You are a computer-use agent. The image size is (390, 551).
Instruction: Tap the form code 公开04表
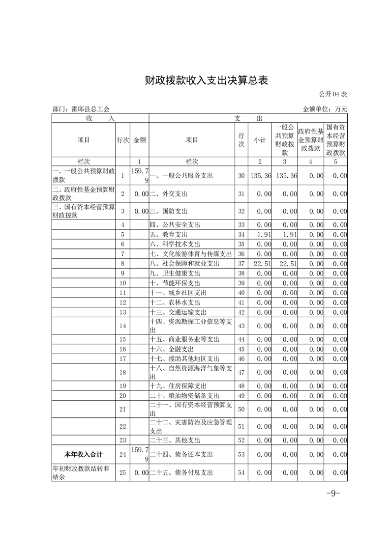[333, 94]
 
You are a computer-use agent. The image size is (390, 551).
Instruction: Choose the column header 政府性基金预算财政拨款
[310, 139]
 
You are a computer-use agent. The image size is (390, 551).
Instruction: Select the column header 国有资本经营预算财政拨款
[335, 139]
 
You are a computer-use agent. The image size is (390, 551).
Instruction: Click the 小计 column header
[260, 140]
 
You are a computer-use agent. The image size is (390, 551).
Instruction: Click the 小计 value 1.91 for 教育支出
[264, 234]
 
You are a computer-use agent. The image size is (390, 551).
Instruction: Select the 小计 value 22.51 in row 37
[263, 264]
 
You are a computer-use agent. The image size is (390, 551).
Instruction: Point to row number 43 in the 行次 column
[241, 326]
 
